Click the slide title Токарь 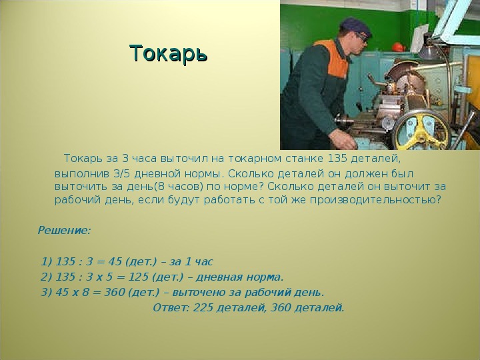pos(169,54)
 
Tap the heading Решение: pos(64,230)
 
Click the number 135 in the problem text pos(337,159)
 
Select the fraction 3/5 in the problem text pos(122,174)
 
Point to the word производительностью pos(375,200)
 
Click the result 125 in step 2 pos(138,277)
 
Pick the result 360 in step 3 pos(114,293)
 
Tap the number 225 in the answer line pos(203,307)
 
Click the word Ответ pos(171,307)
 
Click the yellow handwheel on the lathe pos(421,130)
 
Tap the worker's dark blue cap pos(355,27)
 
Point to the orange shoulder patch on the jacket pos(334,57)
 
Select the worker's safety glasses pos(362,37)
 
